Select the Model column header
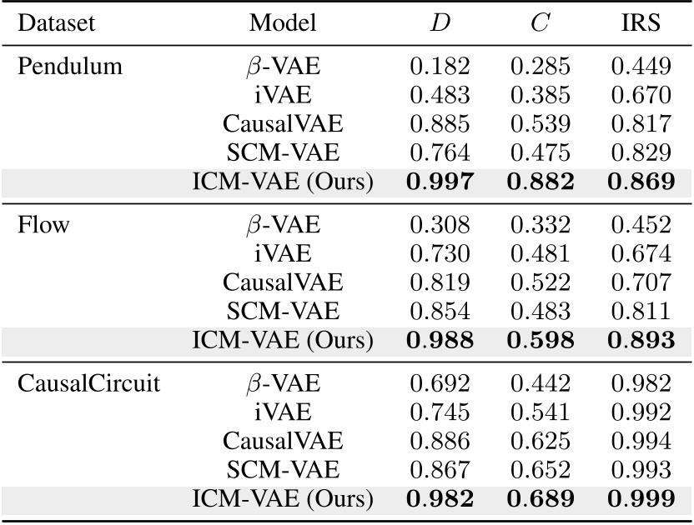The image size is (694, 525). (x=283, y=23)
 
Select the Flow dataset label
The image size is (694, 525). (x=43, y=225)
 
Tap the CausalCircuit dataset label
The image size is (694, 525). (x=88, y=384)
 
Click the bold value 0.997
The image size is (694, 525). (x=440, y=181)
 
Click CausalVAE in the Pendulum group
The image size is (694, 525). (x=283, y=124)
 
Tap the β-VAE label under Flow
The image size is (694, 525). (x=283, y=225)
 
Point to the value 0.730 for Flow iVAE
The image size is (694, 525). (x=440, y=253)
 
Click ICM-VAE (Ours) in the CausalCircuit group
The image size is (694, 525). (x=283, y=499)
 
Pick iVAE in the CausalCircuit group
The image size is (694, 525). (x=283, y=412)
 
